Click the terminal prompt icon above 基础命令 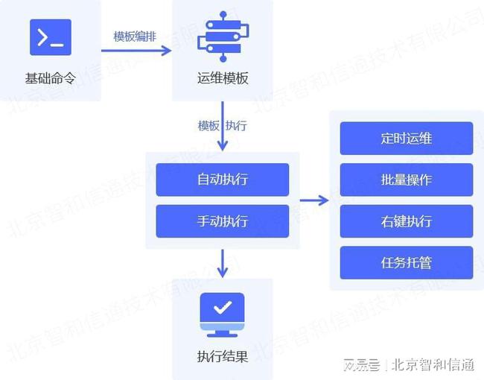50,37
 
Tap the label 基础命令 50,78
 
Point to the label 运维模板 223,78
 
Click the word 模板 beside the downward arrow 208,126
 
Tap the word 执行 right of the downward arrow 236,126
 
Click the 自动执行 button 222,180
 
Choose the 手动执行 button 222,221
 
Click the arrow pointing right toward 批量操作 314,200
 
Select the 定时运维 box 406,139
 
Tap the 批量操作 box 406,180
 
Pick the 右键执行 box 406,221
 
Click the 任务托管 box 406,262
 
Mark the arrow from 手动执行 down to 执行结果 223,262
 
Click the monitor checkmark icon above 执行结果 223,311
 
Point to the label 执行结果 223,356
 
